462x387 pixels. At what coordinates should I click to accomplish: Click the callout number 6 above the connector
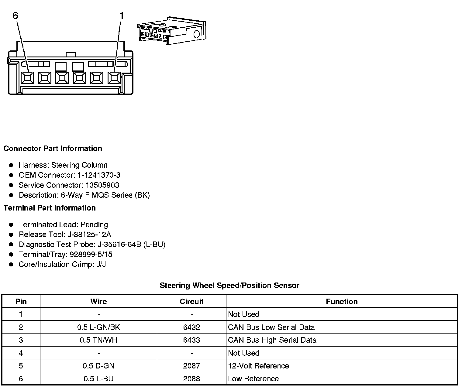16,15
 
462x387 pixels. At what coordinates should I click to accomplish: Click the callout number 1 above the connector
122,15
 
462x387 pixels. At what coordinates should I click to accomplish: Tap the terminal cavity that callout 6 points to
27,78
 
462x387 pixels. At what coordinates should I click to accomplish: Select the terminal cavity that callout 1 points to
114,78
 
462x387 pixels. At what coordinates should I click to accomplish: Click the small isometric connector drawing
171,31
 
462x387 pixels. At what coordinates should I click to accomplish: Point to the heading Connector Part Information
53,149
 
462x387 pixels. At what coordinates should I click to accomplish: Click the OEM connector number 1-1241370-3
101,175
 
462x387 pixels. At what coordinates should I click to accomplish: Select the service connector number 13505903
102,185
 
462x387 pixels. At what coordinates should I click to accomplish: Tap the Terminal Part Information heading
50,208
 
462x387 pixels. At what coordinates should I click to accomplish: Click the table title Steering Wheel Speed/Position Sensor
229,286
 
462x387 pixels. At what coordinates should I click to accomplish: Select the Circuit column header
191,301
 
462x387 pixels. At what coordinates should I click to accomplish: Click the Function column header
342,301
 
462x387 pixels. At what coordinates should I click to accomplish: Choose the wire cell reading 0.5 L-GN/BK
98,327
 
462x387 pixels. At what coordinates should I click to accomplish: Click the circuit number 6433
191,340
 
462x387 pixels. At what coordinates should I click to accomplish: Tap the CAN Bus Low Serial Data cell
271,327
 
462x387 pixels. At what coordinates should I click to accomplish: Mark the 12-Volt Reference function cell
258,366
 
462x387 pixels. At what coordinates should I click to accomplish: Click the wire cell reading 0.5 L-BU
98,379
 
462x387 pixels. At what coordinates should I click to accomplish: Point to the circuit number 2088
191,379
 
